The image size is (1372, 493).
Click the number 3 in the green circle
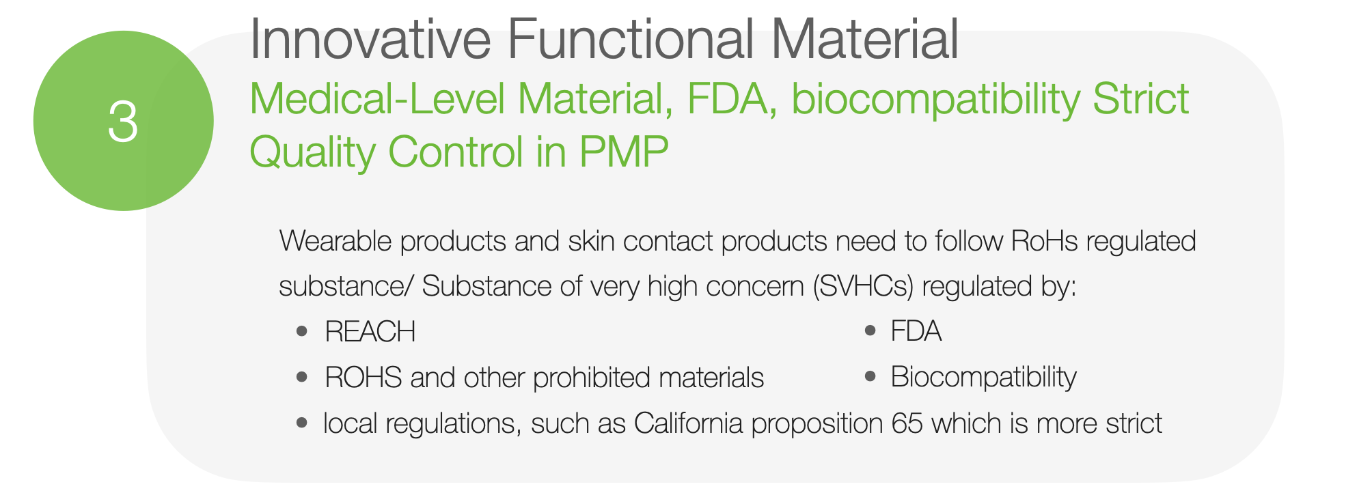[123, 122]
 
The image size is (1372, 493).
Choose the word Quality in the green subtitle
[312, 153]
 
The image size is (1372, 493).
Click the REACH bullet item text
[370, 332]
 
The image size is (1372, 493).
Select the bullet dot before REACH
[302, 332]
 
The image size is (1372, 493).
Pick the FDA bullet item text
[916, 331]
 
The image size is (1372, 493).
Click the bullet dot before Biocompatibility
[870, 376]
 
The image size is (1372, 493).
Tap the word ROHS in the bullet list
[363, 378]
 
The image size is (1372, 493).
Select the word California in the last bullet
[688, 423]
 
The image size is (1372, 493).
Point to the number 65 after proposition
[907, 423]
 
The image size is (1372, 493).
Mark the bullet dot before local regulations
[302, 423]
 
